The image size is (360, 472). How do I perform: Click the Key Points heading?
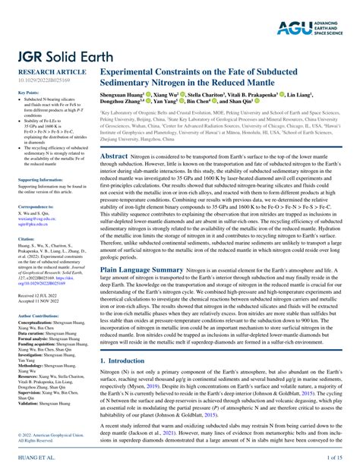click(x=27, y=93)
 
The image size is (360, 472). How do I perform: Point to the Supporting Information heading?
click(x=39, y=179)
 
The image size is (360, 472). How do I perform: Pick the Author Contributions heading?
click(x=38, y=314)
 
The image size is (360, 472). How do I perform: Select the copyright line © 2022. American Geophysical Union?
click(x=45, y=434)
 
